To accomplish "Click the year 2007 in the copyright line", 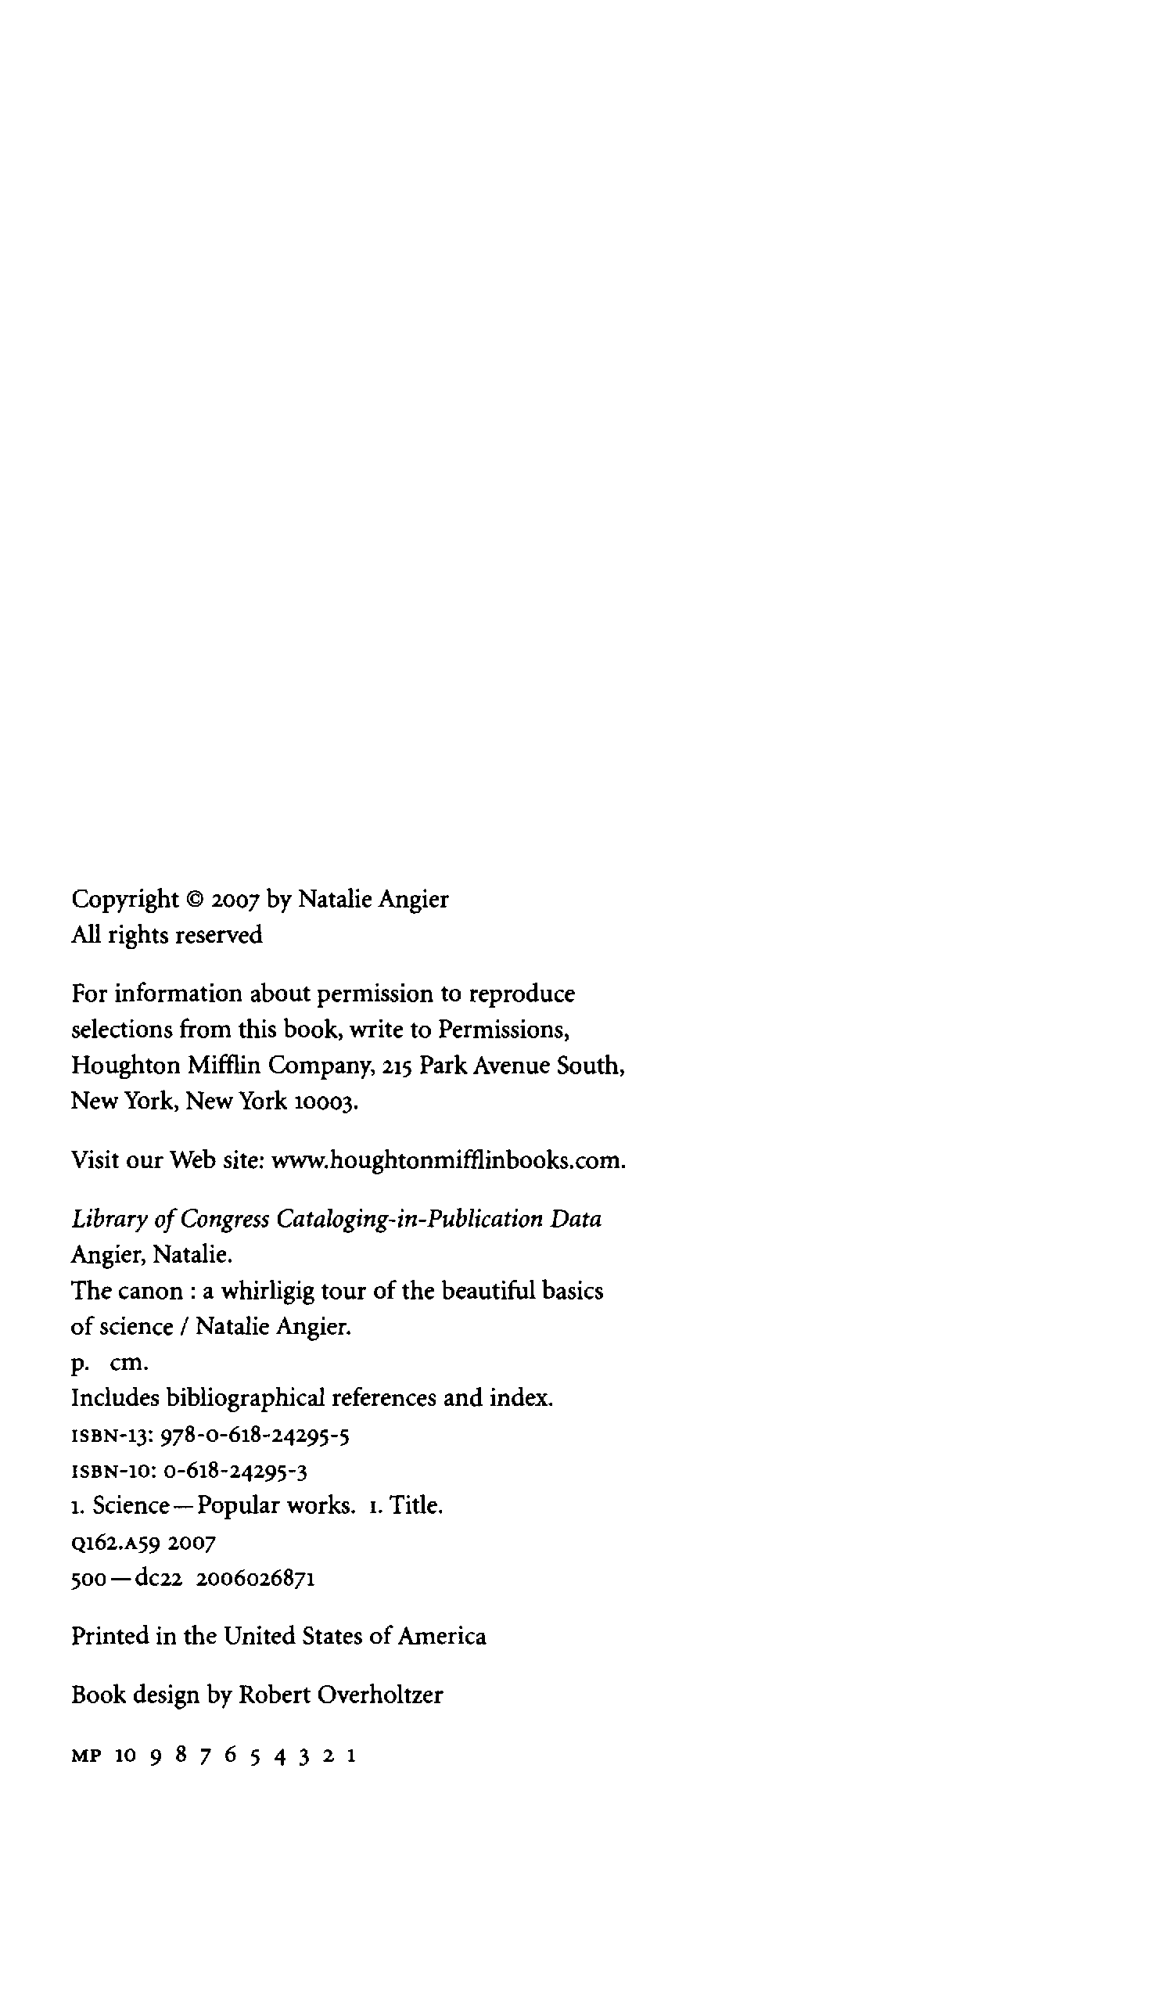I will pyautogui.click(x=235, y=900).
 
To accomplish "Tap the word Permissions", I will pyautogui.click(x=504, y=1029).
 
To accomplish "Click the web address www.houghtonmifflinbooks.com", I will pyautogui.click(x=449, y=1159).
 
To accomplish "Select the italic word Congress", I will pyautogui.click(x=224, y=1219).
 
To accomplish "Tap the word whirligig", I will pyautogui.click(x=268, y=1291).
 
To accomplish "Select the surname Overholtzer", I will pyautogui.click(x=380, y=1695).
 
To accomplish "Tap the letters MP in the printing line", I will pyautogui.click(x=86, y=1756).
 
